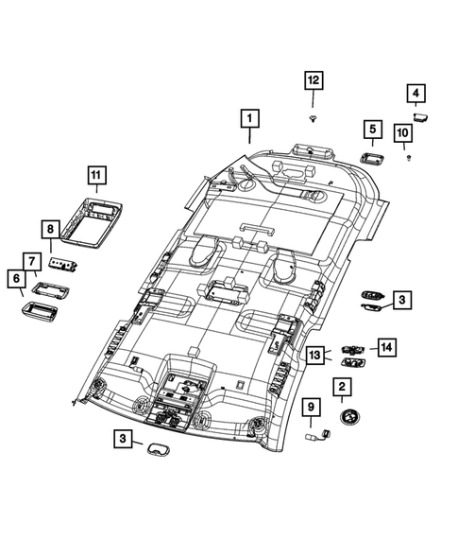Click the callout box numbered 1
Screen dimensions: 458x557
coord(249,118)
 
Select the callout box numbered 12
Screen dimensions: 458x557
coord(314,80)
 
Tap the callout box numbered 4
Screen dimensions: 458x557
coord(416,94)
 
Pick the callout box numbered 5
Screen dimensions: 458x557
coord(372,130)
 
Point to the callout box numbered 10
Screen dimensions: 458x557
coord(402,132)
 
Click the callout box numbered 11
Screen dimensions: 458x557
coord(97,175)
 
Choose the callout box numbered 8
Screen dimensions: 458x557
coord(50,229)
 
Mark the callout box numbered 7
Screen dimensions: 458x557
coord(32,262)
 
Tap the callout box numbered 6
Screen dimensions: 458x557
coord(17,278)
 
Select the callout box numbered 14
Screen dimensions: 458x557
coord(386,347)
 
